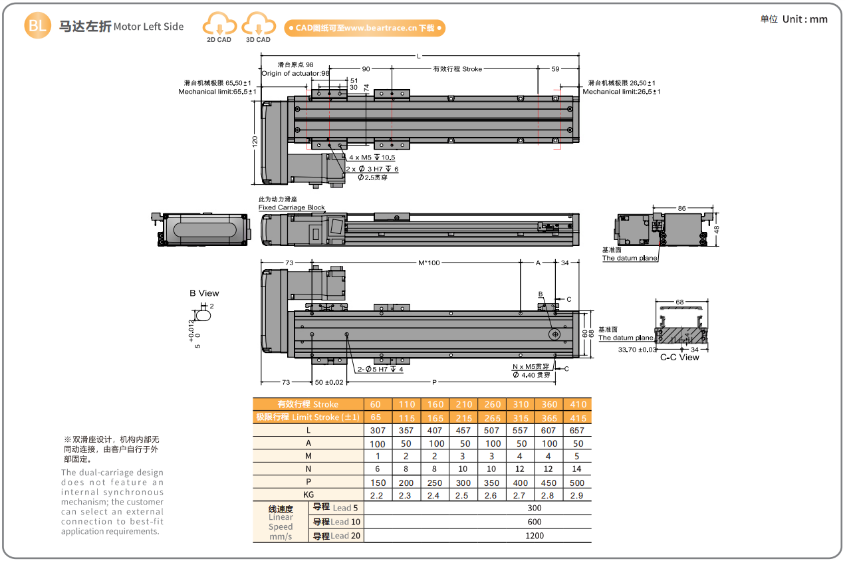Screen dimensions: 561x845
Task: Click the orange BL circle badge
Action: [x=37, y=26]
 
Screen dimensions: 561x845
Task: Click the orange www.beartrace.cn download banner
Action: [x=365, y=28]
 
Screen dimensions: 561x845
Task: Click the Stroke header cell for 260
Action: [x=492, y=404]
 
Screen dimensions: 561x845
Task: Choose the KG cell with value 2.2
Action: [x=377, y=495]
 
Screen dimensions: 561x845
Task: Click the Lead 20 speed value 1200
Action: [x=534, y=535]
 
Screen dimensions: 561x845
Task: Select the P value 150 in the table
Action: [x=377, y=482]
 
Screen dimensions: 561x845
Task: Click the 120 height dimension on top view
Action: [x=255, y=142]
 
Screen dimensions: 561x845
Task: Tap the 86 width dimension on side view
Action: [x=681, y=208]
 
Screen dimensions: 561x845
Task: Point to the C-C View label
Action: [x=679, y=357]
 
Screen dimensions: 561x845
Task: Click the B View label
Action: [x=204, y=293]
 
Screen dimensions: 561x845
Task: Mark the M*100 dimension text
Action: [x=429, y=263]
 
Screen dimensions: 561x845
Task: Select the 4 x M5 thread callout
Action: [x=372, y=158]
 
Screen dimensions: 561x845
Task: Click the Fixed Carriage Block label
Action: [x=291, y=207]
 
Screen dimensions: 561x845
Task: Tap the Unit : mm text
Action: [x=794, y=19]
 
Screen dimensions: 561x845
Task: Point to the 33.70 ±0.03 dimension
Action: [x=637, y=348]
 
